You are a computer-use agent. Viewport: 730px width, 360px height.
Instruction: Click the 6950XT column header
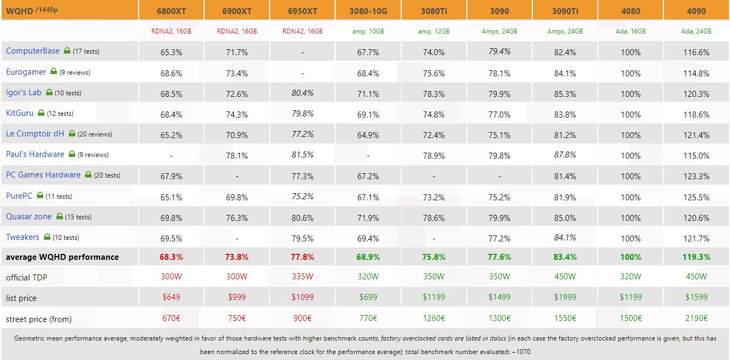point(302,11)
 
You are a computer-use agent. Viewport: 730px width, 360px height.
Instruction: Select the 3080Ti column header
point(434,11)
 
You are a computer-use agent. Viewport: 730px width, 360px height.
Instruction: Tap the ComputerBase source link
point(32,51)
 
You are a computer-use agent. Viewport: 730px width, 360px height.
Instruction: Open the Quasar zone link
point(29,217)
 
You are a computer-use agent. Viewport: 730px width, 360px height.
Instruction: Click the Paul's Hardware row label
point(35,154)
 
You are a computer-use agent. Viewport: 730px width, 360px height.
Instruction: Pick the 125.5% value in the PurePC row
point(696,197)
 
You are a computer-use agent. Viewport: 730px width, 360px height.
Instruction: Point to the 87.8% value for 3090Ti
point(564,155)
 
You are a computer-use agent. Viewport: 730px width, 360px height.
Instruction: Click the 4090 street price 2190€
point(696,319)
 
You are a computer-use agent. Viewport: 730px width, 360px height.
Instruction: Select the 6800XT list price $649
point(171,297)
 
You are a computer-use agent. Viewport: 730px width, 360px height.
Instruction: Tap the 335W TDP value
point(302,277)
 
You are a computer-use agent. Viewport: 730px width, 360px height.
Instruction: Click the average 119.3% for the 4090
point(696,257)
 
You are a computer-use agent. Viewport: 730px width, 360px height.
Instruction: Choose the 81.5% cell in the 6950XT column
point(302,155)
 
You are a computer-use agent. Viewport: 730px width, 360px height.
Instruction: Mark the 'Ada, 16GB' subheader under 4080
point(630,31)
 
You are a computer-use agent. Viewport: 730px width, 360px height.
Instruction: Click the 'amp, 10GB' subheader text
point(368,31)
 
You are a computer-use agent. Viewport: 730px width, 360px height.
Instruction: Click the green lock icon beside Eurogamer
point(54,71)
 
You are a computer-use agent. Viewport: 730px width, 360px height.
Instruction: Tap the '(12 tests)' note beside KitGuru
point(60,114)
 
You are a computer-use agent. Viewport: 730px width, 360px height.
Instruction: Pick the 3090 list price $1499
point(499,297)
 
